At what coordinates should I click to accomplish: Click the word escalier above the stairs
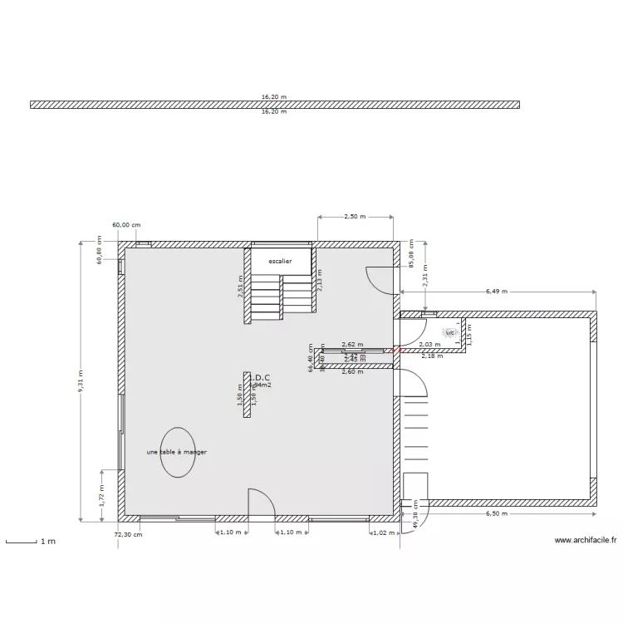280,261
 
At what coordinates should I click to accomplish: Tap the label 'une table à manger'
176,452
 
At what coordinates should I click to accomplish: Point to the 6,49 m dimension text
496,292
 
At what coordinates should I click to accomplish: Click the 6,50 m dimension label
498,514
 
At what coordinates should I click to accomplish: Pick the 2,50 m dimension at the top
355,217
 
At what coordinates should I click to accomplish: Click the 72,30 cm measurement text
128,534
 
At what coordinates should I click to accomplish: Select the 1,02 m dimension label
383,532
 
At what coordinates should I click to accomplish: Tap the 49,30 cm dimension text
415,520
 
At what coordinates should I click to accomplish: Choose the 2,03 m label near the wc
429,344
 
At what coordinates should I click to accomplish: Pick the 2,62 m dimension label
352,344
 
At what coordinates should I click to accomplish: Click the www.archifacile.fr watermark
586,540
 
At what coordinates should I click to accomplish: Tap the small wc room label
450,332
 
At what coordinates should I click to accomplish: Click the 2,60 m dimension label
352,371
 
